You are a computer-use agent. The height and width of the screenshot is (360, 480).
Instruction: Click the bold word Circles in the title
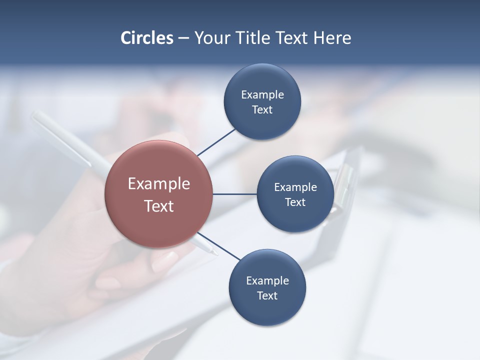pyautogui.click(x=147, y=38)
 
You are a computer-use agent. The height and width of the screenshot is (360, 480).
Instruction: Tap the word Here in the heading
pyautogui.click(x=332, y=38)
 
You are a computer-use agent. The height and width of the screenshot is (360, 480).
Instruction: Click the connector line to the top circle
pyautogui.click(x=216, y=142)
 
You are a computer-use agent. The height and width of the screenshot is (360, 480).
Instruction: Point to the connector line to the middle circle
pyautogui.click(x=234, y=194)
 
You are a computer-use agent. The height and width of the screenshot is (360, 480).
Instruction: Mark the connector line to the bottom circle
pyautogui.click(x=218, y=246)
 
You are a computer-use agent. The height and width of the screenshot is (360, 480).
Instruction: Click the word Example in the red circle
pyautogui.click(x=159, y=184)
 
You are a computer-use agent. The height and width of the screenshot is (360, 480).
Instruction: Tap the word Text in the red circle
pyautogui.click(x=159, y=206)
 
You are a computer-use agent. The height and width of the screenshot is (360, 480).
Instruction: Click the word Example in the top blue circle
pyautogui.click(x=262, y=95)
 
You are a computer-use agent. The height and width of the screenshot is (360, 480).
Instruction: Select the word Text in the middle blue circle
pyautogui.click(x=295, y=202)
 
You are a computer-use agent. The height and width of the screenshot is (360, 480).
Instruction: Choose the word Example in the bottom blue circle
pyautogui.click(x=267, y=281)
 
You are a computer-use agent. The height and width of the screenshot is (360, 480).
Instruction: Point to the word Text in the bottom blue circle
pyautogui.click(x=267, y=296)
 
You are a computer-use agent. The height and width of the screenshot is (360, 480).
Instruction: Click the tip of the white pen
pyautogui.click(x=215, y=253)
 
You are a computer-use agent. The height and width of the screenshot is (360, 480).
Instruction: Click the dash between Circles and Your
pyautogui.click(x=183, y=38)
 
